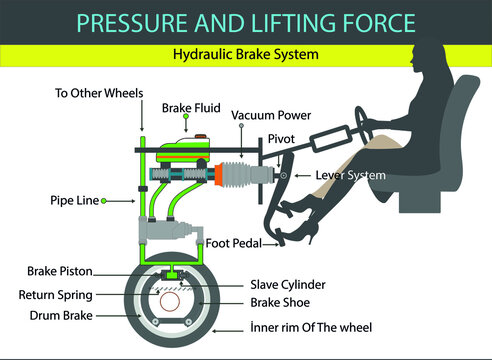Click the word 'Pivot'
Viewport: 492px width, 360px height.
coord(280,139)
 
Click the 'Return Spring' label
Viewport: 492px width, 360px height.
coord(62,295)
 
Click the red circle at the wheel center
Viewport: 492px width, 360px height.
coord(172,302)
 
